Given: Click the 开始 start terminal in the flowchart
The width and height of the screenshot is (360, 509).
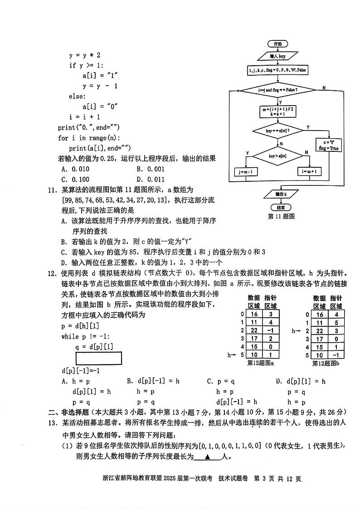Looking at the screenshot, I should (x=277, y=44).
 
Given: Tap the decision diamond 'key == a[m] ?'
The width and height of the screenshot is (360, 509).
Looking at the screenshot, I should (x=277, y=131).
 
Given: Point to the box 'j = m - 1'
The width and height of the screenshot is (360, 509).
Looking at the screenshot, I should (x=246, y=172).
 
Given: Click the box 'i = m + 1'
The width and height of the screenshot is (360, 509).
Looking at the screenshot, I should (x=309, y=172).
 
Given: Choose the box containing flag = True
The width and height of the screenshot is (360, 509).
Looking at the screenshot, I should (x=329, y=145).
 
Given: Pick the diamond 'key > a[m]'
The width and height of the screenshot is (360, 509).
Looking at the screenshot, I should (x=277, y=156).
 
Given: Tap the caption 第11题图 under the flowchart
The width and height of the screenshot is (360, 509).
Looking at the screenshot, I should (x=281, y=217).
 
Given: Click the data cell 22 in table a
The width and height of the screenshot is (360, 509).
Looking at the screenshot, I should (x=254, y=330).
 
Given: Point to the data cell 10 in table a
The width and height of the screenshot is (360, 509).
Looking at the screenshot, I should (x=254, y=355).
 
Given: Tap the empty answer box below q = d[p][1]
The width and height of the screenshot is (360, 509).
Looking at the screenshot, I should (x=99, y=358).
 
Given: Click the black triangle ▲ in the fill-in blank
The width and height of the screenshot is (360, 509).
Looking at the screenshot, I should (x=207, y=457).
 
